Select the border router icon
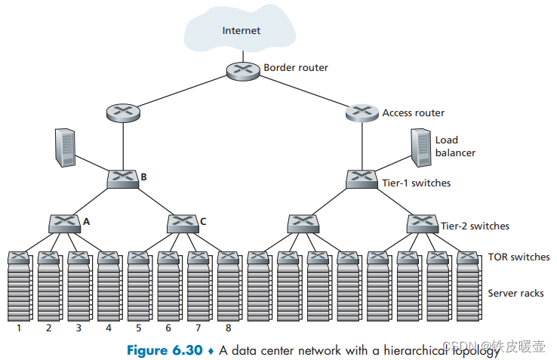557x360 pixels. (x=243, y=71)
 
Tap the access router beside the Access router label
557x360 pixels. (x=362, y=112)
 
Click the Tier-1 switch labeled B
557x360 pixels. (x=123, y=179)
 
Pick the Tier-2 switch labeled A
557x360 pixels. (x=64, y=223)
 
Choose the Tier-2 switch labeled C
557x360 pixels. (x=183, y=223)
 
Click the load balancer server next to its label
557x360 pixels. (x=421, y=147)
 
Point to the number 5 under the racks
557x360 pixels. (x=139, y=328)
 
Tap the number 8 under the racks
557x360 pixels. (x=229, y=328)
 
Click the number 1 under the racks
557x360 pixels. (x=19, y=328)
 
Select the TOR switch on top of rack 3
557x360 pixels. (x=78, y=257)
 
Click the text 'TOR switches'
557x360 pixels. (x=519, y=257)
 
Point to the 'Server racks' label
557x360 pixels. (x=515, y=293)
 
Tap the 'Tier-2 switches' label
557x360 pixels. (x=475, y=226)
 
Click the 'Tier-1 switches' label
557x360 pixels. (x=417, y=183)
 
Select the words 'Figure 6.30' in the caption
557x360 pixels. (x=165, y=350)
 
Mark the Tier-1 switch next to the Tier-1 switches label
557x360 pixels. (x=362, y=179)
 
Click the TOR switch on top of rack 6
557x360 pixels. (x=168, y=257)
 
